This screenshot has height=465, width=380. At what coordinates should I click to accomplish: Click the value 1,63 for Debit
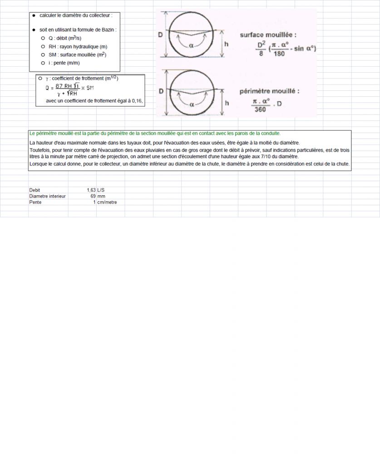pyautogui.click(x=91, y=190)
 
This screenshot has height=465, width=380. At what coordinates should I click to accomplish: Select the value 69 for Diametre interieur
pyautogui.click(x=93, y=196)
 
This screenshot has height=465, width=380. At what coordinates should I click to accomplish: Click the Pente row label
pyautogui.click(x=35, y=202)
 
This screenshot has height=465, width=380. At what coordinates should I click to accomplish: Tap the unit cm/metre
pyautogui.click(x=107, y=202)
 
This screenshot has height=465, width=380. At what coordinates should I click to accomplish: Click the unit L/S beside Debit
pyautogui.click(x=101, y=190)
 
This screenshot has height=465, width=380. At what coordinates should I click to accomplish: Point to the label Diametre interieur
pyautogui.click(x=48, y=196)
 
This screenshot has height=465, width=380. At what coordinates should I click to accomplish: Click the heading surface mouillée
pyautogui.click(x=268, y=35)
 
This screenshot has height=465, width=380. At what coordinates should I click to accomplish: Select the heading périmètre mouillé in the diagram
pyautogui.click(x=269, y=91)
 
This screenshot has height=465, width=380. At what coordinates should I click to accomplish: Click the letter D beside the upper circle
pyautogui.click(x=161, y=35)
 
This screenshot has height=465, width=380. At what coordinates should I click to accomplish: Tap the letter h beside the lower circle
pyautogui.click(x=227, y=103)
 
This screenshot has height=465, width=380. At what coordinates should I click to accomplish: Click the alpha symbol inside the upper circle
pyautogui.click(x=191, y=45)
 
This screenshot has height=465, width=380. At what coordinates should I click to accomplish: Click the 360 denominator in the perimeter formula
pyautogui.click(x=260, y=109)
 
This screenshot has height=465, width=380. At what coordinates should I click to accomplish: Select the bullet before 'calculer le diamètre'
pyautogui.click(x=34, y=15)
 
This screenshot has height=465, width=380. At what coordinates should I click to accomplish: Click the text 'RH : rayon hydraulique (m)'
pyautogui.click(x=78, y=47)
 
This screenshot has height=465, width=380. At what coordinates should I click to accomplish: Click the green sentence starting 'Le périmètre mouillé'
pyautogui.click(x=155, y=133)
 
